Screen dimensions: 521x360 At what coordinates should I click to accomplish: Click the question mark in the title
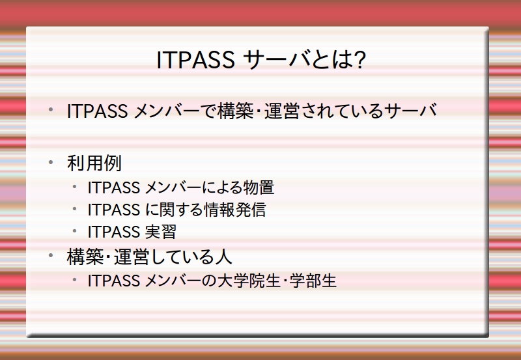[x=359, y=60]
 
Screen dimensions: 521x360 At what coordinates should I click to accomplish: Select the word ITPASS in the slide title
[x=195, y=60]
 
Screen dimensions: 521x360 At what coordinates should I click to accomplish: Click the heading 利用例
[x=94, y=163]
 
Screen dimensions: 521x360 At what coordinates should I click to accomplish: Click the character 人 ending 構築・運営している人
[x=223, y=256]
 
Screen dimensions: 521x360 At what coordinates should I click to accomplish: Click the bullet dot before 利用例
[x=51, y=162]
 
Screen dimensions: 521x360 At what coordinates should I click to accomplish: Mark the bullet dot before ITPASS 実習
[x=74, y=231]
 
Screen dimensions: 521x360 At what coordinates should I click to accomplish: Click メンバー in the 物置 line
[x=173, y=187]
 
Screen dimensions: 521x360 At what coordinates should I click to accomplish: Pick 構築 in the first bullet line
[x=235, y=111]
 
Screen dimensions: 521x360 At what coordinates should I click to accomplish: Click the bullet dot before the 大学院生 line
[x=74, y=280]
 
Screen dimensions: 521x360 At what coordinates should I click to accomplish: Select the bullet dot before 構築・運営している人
[x=51, y=255]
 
